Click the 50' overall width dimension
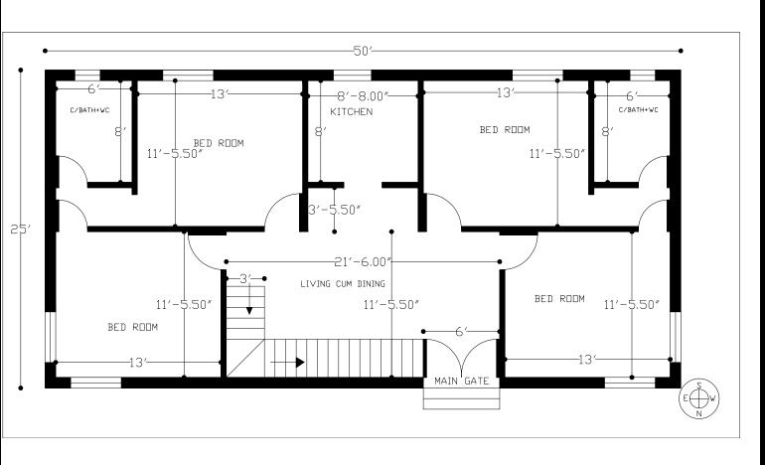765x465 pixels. click(362, 50)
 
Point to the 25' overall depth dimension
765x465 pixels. click(20, 230)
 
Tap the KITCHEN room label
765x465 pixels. click(352, 112)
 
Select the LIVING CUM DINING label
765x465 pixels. click(343, 284)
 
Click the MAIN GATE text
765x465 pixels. click(461, 381)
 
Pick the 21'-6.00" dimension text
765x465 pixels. click(363, 262)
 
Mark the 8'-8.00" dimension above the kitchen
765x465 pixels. click(363, 95)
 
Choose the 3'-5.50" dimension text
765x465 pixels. click(334, 210)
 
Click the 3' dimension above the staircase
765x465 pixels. click(245, 279)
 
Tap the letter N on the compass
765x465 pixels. click(699, 412)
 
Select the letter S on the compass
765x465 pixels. click(699, 386)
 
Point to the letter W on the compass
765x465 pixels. click(713, 398)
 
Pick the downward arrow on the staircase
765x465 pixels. click(249, 308)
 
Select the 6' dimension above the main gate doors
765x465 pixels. click(460, 331)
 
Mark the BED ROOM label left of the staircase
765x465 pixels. click(132, 327)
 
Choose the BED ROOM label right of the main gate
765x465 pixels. click(559, 298)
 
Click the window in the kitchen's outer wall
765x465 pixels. click(352, 75)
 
